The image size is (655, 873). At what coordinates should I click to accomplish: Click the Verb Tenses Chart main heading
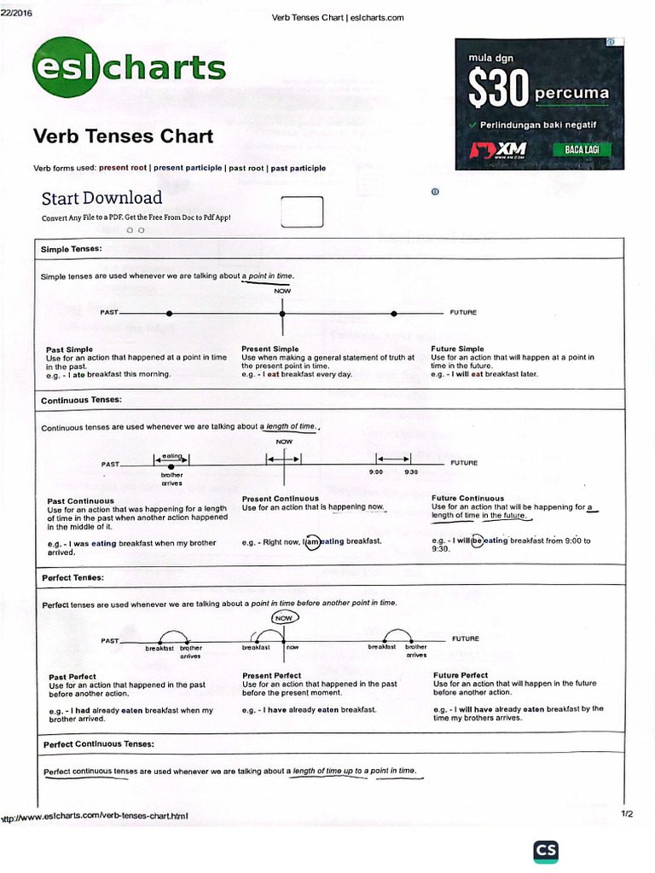pyautogui.click(x=123, y=137)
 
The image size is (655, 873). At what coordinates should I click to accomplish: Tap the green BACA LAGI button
pyautogui.click(x=582, y=150)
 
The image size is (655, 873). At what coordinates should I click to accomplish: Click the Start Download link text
pyautogui.click(x=101, y=199)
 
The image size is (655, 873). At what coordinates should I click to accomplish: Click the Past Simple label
pyautogui.click(x=69, y=350)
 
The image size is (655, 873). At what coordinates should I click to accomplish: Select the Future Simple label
pyautogui.click(x=457, y=350)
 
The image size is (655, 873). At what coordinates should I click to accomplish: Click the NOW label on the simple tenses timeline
pyautogui.click(x=282, y=292)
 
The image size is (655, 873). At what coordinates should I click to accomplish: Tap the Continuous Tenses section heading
pyautogui.click(x=82, y=400)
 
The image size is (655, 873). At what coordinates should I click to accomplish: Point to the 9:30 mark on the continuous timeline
pyautogui.click(x=411, y=472)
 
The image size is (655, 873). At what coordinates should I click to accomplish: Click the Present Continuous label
pyautogui.click(x=280, y=499)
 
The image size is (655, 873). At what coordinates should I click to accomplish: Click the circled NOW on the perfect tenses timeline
pyautogui.click(x=284, y=618)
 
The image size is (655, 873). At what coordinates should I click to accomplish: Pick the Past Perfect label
pyautogui.click(x=72, y=677)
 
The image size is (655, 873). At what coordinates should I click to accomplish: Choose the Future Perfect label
pyautogui.click(x=461, y=676)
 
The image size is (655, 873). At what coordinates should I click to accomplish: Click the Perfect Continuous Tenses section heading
pyautogui.click(x=98, y=744)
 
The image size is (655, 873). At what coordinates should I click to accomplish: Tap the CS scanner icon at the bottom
pyautogui.click(x=546, y=853)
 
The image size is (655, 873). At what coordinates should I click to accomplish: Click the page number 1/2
pyautogui.click(x=627, y=814)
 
